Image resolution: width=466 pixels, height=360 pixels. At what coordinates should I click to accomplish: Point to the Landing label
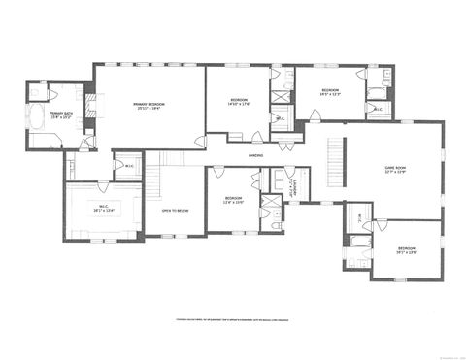[255, 154]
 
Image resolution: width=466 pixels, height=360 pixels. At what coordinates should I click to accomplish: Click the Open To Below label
[175, 210]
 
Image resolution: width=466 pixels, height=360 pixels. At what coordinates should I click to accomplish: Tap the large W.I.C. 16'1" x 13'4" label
[104, 209]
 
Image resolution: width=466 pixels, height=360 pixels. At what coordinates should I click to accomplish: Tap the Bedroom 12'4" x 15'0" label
[234, 200]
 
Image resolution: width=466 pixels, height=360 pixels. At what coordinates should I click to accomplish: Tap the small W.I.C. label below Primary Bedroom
[129, 166]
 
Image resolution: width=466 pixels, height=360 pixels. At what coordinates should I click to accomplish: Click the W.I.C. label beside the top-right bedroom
[378, 109]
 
